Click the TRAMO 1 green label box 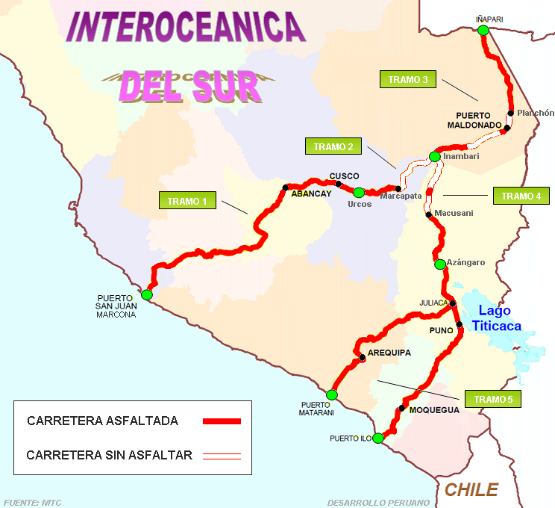coord(187,201)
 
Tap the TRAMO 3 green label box coord(408,80)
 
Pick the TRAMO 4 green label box coord(521,196)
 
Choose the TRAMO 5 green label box coord(492,399)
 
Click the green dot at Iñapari coord(483,30)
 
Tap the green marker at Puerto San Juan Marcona coord(147,295)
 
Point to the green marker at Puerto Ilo coord(378,438)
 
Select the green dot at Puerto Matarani coord(332,394)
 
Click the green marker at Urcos coord(359,192)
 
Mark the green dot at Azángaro coord(439,264)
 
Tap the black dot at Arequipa coord(363,358)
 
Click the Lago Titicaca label coord(500,317)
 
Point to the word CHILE coord(471,489)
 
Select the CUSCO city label coord(344,176)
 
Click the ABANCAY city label coord(311,193)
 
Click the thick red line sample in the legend coord(222,421)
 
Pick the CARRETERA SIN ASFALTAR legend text coord(110,454)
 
